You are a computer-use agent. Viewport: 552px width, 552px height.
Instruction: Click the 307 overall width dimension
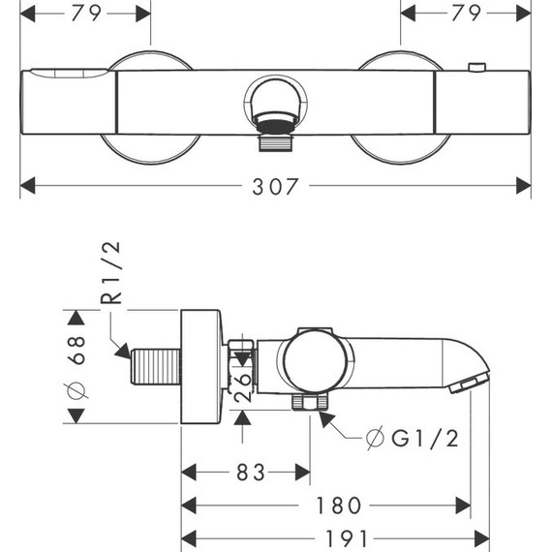click(275, 186)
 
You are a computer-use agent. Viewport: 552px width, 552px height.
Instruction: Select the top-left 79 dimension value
click(86, 14)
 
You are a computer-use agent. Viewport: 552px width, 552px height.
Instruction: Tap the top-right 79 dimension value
click(466, 14)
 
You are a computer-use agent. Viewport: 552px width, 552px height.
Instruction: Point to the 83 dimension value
click(250, 473)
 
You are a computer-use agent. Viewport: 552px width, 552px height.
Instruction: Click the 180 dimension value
click(339, 506)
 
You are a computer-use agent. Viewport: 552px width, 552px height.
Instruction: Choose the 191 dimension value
click(347, 538)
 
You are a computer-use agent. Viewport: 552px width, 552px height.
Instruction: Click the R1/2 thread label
click(111, 273)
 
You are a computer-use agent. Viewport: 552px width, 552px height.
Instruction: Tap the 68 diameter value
click(77, 351)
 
